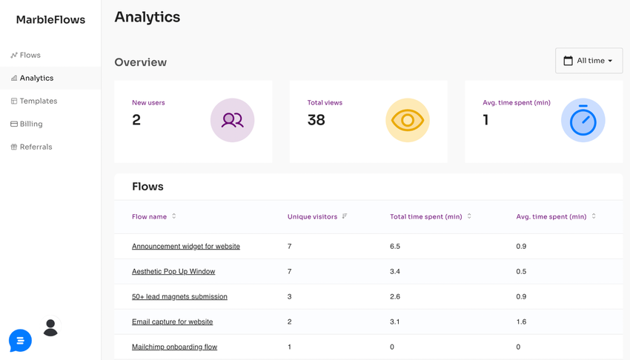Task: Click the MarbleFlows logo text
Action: point(50,20)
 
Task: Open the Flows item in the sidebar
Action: point(30,55)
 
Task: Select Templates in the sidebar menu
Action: point(38,101)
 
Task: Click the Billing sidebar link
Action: point(31,124)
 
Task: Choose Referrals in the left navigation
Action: point(36,147)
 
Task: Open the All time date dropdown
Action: point(588,61)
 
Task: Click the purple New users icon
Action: point(232,120)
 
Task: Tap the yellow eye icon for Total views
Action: point(407,120)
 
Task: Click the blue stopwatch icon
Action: point(583,120)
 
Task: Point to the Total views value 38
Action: point(316,120)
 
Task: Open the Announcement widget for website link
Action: point(186,246)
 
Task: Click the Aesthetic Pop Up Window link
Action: point(173,271)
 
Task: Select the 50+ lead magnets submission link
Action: point(179,296)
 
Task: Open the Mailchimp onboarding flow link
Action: point(174,347)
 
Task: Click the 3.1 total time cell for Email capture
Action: point(395,321)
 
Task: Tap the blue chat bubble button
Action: point(20,340)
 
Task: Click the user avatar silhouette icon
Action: point(50,327)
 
